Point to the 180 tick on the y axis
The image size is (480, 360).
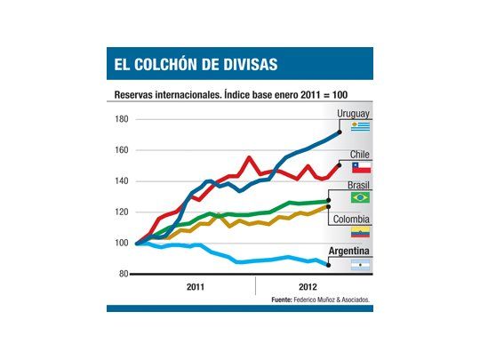(122, 119)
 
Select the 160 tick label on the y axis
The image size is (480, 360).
(122, 150)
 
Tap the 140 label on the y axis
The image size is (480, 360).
(122, 181)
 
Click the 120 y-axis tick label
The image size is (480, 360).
(122, 212)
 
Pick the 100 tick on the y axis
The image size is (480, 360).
(122, 243)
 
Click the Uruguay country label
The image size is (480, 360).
(353, 114)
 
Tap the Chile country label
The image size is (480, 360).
(358, 155)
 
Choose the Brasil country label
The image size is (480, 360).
(356, 186)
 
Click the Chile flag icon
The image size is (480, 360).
(360, 167)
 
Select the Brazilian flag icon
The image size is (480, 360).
(360, 198)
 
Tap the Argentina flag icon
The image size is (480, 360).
(360, 264)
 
